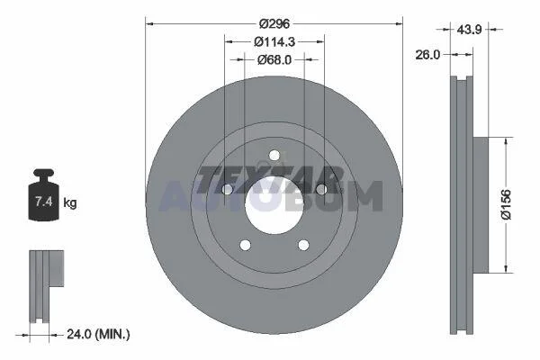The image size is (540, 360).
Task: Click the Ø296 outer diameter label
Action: coord(274,23)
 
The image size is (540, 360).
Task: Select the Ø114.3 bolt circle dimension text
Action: coord(274,42)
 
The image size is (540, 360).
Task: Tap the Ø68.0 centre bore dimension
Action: coord(274,60)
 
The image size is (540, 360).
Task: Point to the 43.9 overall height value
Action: coord(469,30)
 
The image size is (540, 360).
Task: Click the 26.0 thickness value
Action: coord(427,54)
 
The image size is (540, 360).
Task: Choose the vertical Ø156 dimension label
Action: coord(506,204)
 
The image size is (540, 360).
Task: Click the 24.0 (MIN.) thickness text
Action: coord(98,334)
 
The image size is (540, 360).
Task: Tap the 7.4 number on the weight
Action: coord(44,202)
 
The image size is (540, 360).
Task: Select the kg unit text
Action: coord(70,202)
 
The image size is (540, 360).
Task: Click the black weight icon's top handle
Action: coord(44,174)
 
